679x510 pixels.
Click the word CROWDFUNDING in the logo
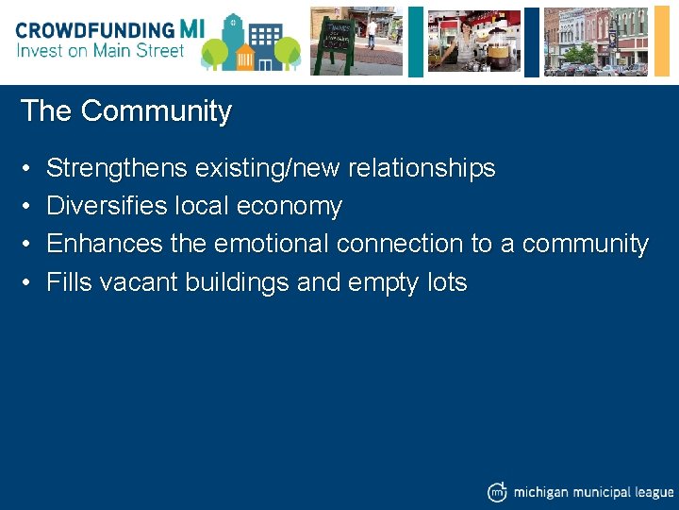tap(94, 29)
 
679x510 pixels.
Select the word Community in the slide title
tap(156, 111)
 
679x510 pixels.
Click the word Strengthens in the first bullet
tap(117, 168)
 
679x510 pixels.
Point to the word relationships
tap(421, 168)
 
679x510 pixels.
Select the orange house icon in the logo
tap(245, 55)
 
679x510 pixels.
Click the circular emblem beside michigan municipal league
tap(497, 491)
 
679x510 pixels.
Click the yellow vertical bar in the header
tap(415, 40)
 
